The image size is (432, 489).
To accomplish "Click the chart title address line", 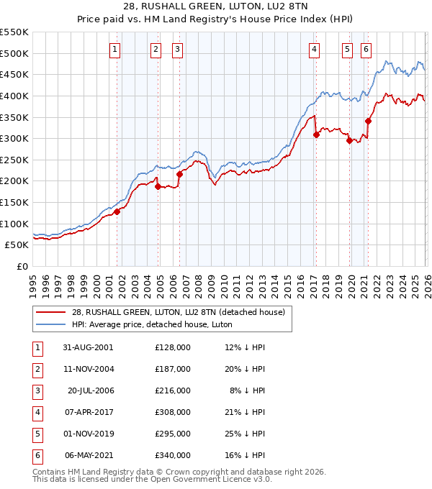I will point(215,6).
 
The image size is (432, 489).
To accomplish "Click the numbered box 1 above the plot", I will point(116,50).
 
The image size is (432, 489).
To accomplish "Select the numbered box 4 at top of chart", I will point(315,50).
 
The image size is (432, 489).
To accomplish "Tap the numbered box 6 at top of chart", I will point(366,50).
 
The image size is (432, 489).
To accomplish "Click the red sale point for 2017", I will point(316,134).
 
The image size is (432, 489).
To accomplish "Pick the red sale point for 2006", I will point(179,174).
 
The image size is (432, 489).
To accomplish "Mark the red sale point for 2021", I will point(368,121).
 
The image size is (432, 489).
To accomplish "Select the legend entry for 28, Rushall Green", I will point(179,312).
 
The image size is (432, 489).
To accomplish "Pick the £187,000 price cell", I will point(172,369).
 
